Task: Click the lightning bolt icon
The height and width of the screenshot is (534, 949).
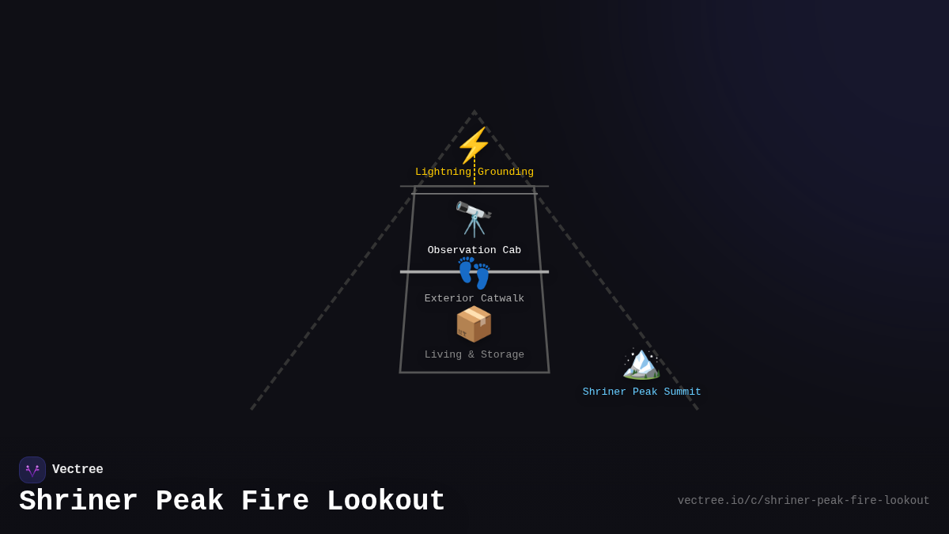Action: (474, 145)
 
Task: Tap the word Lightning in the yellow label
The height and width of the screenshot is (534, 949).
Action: (443, 172)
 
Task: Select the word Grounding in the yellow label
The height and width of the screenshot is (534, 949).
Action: (505, 172)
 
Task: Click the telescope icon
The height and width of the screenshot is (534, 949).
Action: (474, 218)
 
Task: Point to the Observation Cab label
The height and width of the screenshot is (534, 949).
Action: (475, 251)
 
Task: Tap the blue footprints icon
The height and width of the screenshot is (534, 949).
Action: (474, 273)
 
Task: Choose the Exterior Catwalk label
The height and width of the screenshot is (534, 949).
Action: (475, 299)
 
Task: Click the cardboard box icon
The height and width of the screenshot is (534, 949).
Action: (474, 324)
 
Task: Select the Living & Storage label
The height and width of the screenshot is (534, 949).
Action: (475, 355)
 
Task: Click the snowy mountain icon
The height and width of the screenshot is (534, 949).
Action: (641, 364)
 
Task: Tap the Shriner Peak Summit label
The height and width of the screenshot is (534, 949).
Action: (642, 392)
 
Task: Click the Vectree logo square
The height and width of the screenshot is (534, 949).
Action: (32, 470)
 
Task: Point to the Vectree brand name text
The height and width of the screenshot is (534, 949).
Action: (78, 470)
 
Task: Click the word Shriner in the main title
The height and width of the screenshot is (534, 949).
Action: (78, 502)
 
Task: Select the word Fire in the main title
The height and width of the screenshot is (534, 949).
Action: (275, 502)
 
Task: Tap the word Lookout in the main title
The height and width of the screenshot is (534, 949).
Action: (386, 502)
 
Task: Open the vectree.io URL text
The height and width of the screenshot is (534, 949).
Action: (803, 501)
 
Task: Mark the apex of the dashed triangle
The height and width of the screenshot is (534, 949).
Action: (475, 112)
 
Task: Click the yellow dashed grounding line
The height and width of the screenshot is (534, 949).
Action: (475, 176)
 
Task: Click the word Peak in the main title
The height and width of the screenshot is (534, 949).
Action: (190, 502)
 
